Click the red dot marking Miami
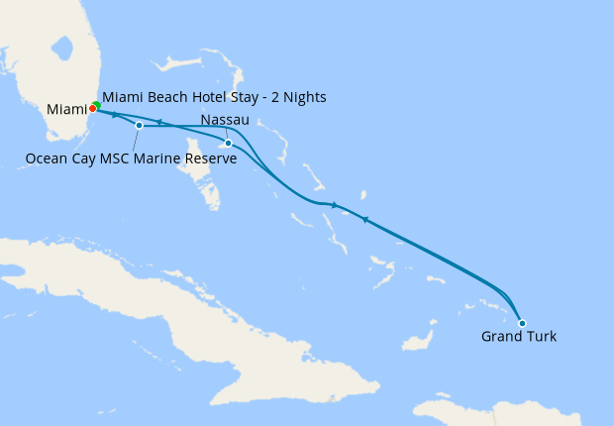(x=92, y=108)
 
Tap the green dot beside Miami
(x=96, y=105)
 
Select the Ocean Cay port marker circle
(x=140, y=126)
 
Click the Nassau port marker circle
(x=229, y=144)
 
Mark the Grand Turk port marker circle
(x=522, y=323)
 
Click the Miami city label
(x=66, y=108)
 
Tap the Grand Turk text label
(x=519, y=337)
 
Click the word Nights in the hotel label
(x=304, y=97)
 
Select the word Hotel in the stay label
(x=198, y=97)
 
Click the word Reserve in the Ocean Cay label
(x=210, y=158)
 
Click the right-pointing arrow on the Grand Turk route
(x=335, y=205)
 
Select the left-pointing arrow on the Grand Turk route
(x=364, y=220)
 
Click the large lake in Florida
(x=65, y=48)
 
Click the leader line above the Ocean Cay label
(x=136, y=139)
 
